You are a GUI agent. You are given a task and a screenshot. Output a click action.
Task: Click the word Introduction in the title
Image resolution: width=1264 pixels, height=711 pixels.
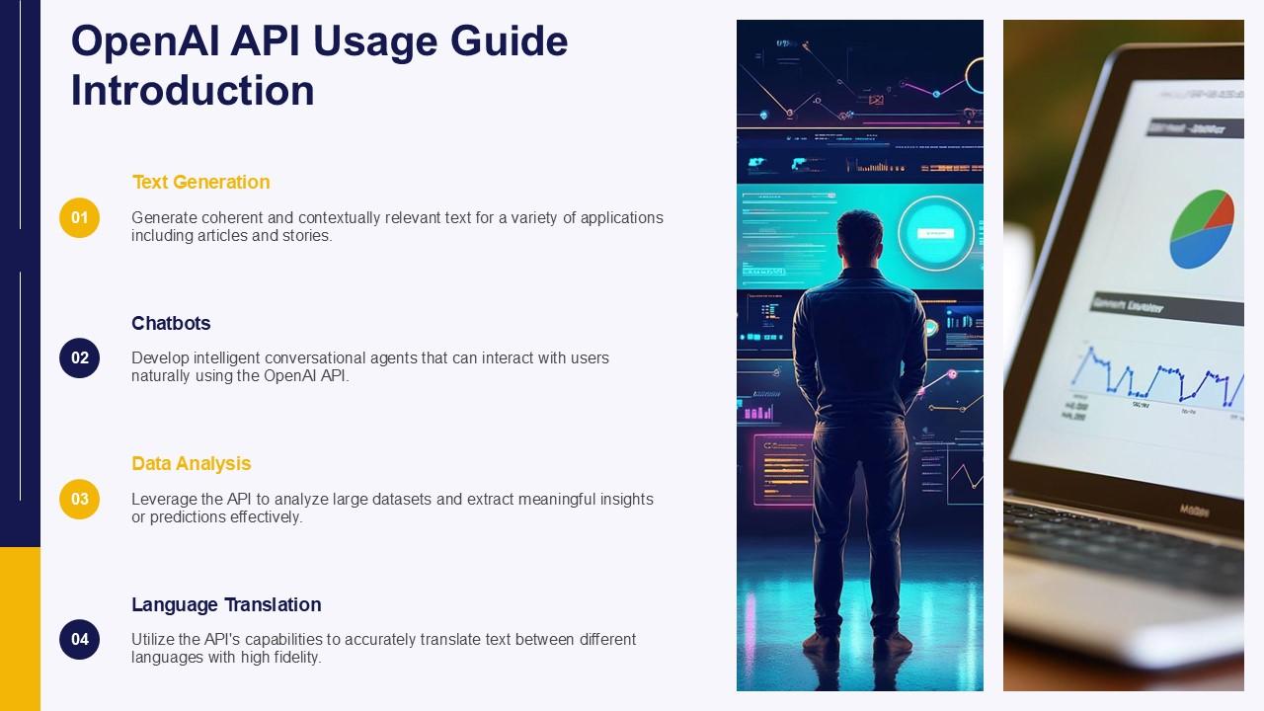tap(193, 91)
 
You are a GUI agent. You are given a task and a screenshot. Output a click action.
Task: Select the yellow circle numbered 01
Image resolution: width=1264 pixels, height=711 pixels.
tap(79, 217)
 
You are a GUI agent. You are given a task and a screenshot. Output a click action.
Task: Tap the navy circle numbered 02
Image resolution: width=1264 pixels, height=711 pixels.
tap(79, 357)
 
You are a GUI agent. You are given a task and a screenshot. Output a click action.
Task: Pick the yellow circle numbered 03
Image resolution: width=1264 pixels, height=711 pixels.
tap(79, 499)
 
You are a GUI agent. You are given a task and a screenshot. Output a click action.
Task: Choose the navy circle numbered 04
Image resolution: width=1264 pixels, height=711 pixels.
tap(79, 639)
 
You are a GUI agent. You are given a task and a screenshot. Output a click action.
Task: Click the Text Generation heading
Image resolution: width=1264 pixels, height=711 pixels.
tap(200, 182)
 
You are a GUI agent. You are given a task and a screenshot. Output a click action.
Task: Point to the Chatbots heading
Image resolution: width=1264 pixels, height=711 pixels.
tap(171, 323)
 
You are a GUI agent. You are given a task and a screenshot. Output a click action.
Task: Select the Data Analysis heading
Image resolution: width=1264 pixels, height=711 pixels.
tap(191, 463)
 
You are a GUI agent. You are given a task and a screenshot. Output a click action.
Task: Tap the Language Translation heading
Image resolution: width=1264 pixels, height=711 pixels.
tap(226, 604)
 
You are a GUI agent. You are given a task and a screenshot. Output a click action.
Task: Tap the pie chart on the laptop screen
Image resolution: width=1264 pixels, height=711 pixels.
tap(1201, 229)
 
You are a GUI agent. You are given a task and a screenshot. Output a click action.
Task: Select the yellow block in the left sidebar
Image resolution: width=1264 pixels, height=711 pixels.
tap(20, 628)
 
